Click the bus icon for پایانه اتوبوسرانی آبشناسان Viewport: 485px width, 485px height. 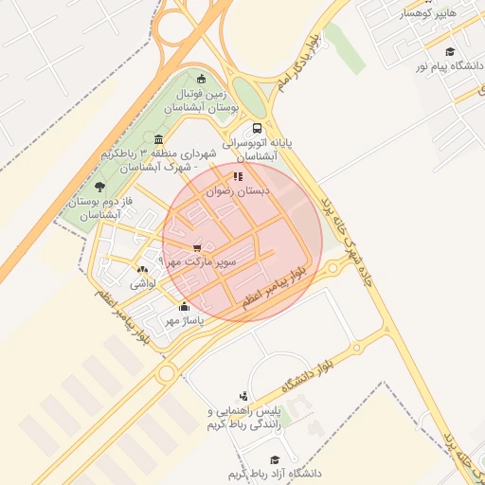(x=257, y=128)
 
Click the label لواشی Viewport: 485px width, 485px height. (x=142, y=283)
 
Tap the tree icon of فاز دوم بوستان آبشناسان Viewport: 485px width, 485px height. (x=100, y=188)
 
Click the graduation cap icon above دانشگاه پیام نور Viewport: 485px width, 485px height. (x=450, y=51)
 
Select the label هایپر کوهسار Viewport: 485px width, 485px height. (x=428, y=13)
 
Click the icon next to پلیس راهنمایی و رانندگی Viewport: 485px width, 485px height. (x=244, y=396)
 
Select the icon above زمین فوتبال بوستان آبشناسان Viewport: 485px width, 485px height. (x=201, y=79)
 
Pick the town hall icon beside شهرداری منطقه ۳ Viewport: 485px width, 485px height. (x=156, y=140)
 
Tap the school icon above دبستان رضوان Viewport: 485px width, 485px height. (x=238, y=175)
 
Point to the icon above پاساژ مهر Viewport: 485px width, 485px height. (x=184, y=306)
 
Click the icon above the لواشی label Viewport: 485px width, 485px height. (x=142, y=269)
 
